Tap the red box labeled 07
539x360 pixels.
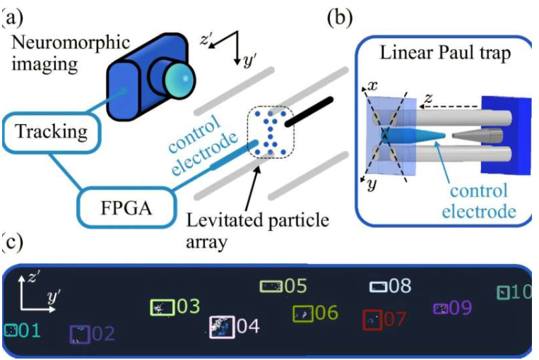[372, 320]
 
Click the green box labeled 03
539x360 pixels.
[162, 308]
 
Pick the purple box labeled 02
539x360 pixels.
[80, 334]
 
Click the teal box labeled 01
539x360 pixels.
[10, 330]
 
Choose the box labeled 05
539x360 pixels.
[271, 286]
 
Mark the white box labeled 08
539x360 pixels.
[379, 287]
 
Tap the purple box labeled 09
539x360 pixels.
[440, 308]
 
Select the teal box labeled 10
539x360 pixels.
[503, 292]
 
